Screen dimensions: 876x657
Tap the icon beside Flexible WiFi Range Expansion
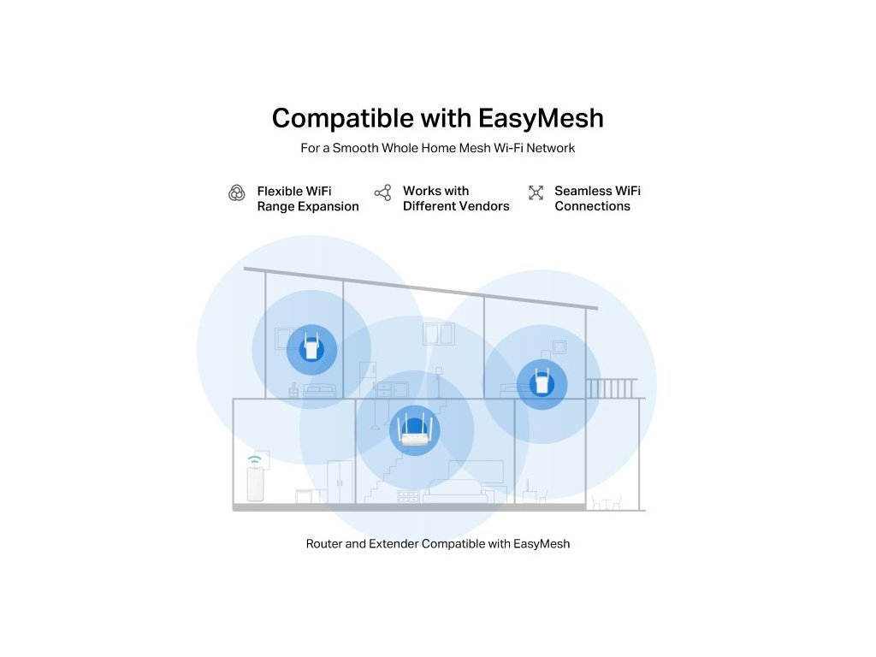(237, 193)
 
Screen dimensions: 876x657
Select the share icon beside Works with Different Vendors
(382, 192)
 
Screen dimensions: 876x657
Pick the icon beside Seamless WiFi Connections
(536, 192)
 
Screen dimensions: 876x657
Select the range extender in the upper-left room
(311, 348)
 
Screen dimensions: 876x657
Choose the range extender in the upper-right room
(542, 383)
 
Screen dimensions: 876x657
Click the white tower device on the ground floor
(254, 484)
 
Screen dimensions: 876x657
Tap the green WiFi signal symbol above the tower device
(254, 461)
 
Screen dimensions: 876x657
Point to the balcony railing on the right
(611, 388)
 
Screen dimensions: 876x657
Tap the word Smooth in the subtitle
(356, 148)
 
